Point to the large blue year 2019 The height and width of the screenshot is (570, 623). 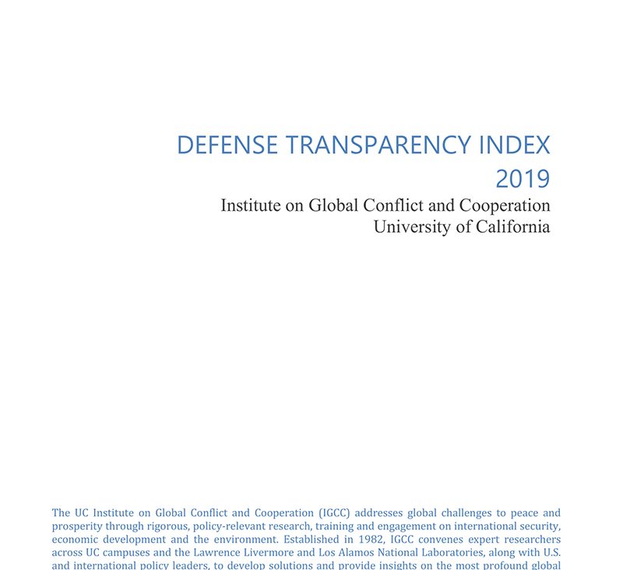pyautogui.click(x=523, y=178)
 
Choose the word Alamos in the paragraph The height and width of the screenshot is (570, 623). pyautogui.click(x=373, y=552)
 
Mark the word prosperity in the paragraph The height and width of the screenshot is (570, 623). pyautogui.click(x=78, y=526)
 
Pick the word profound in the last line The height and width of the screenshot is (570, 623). pyautogui.click(x=498, y=565)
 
